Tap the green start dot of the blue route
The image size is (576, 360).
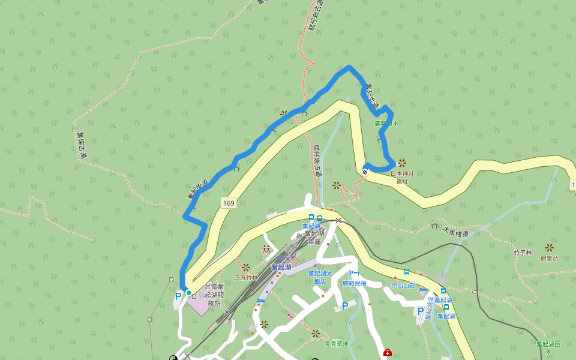tap(188, 293)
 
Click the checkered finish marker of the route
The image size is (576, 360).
tap(365, 173)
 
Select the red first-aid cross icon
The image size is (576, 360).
tap(388, 353)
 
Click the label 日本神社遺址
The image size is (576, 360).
tap(403, 177)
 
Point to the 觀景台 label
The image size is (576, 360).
tap(548, 258)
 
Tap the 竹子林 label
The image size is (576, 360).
tap(523, 253)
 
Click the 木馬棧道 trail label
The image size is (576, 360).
tap(455, 232)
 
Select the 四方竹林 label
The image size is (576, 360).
tap(245, 277)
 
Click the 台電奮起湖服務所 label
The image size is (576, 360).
tap(214, 295)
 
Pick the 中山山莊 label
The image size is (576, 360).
tap(403, 286)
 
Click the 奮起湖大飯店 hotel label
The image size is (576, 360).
tap(320, 277)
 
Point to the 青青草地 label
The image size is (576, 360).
tap(336, 344)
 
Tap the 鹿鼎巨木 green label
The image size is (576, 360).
tap(386, 124)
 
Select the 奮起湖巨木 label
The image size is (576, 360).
tap(548, 347)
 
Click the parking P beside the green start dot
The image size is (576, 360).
tap(178, 296)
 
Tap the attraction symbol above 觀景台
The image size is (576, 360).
tap(549, 247)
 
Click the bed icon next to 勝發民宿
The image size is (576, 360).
tap(354, 274)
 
